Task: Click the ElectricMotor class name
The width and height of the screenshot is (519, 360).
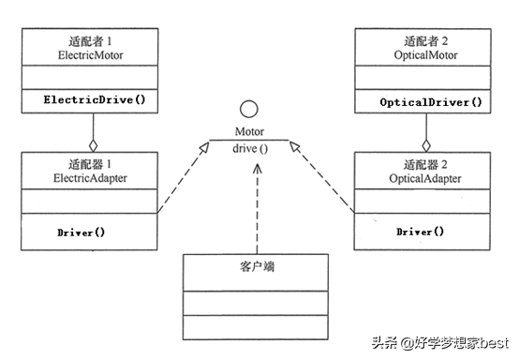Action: point(91,55)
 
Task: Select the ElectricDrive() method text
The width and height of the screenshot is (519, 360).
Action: point(91,97)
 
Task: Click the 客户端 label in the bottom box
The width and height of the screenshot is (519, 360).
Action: point(249,265)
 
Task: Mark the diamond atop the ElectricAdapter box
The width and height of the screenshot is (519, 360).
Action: point(92,145)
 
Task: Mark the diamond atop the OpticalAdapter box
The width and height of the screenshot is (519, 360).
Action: point(426,145)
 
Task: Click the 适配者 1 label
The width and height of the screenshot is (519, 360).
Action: point(91,42)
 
